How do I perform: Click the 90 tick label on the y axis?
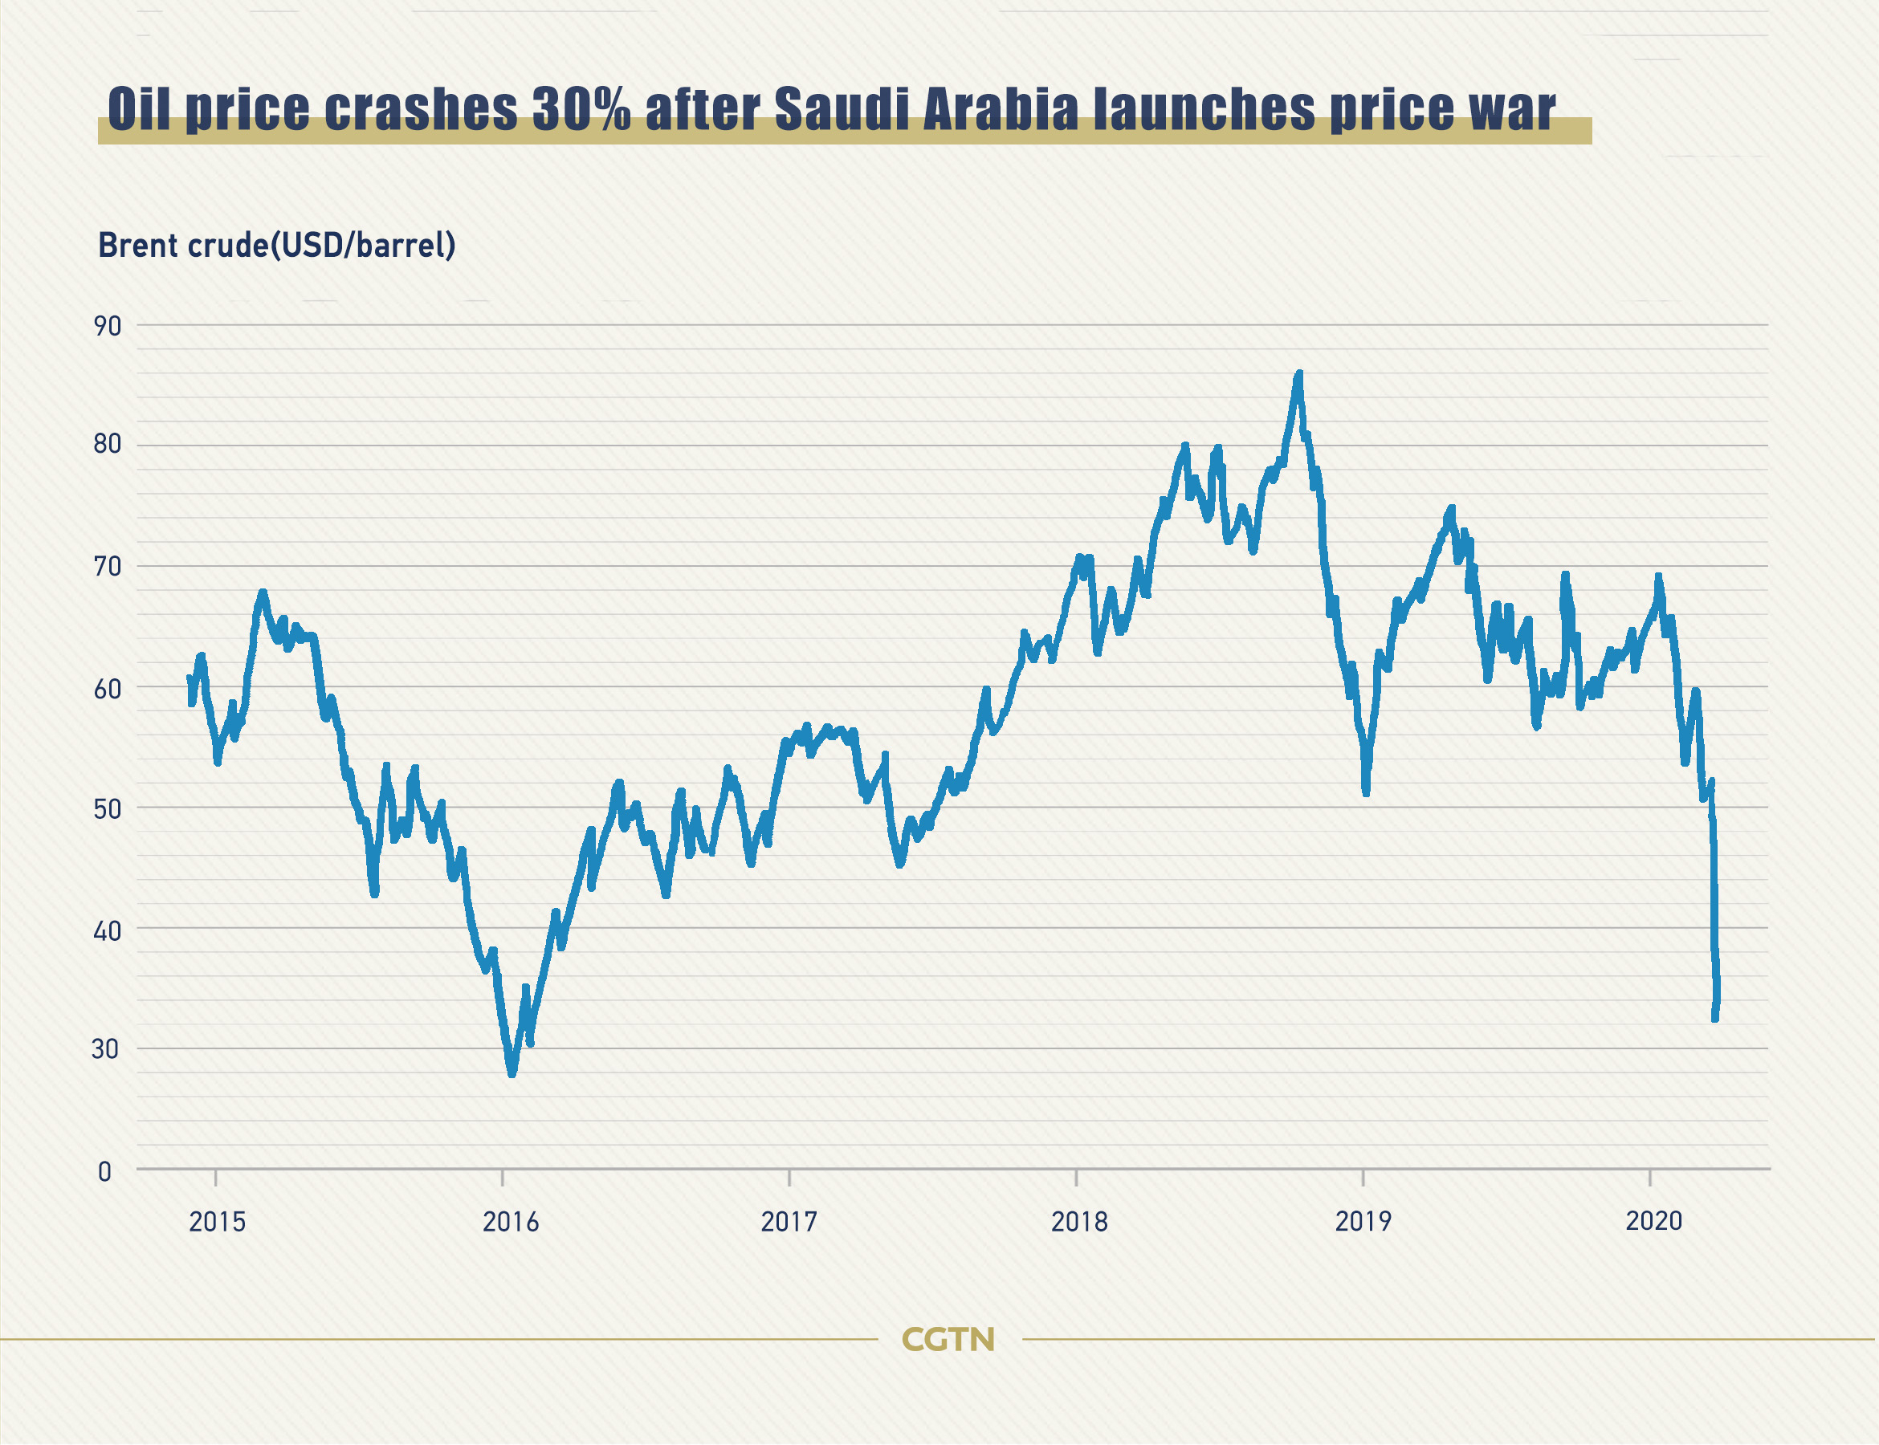coord(108,326)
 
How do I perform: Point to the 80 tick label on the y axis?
coord(108,444)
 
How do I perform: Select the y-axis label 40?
coord(108,930)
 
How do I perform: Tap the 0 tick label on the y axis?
coord(105,1171)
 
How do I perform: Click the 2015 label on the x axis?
coord(217,1221)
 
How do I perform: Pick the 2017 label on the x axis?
coord(789,1221)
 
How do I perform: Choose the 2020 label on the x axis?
coord(1653,1220)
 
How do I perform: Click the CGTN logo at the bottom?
coord(948,1339)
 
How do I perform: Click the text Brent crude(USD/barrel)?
coord(277,245)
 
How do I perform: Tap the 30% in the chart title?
coord(581,109)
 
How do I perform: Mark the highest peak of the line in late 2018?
coord(1299,373)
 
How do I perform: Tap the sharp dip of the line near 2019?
coord(1365,792)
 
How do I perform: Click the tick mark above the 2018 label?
coord(1076,1178)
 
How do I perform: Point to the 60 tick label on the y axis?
coord(108,689)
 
